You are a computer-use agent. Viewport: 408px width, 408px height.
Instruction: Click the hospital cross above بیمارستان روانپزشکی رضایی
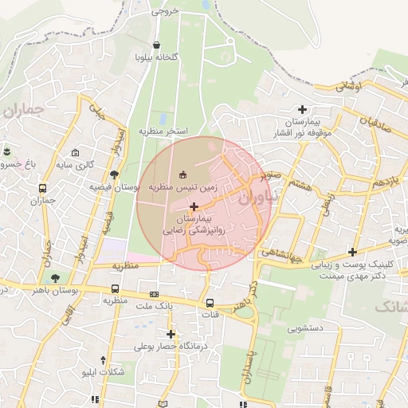pos(194,206)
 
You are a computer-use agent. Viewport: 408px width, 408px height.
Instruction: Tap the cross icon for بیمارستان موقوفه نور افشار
pos(302,109)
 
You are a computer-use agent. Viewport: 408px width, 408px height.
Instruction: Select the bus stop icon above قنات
pos(210,303)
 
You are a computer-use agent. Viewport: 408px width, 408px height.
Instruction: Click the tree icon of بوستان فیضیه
pos(115,174)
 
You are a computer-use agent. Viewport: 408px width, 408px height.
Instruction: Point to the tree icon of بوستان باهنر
pos(54,278)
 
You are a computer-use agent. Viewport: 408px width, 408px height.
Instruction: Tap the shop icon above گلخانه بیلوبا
pos(156,45)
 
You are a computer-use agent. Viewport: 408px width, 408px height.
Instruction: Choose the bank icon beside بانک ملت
pos(154,294)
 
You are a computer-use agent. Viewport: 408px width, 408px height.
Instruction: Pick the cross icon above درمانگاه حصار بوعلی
pos(170,334)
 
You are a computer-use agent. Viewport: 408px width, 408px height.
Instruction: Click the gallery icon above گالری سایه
pos(76,153)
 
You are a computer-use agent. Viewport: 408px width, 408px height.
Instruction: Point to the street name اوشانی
pos(348,86)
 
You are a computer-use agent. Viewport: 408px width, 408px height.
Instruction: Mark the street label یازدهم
pos(385,182)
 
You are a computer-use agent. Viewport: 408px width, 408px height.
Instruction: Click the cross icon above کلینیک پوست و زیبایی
pos(351,252)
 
